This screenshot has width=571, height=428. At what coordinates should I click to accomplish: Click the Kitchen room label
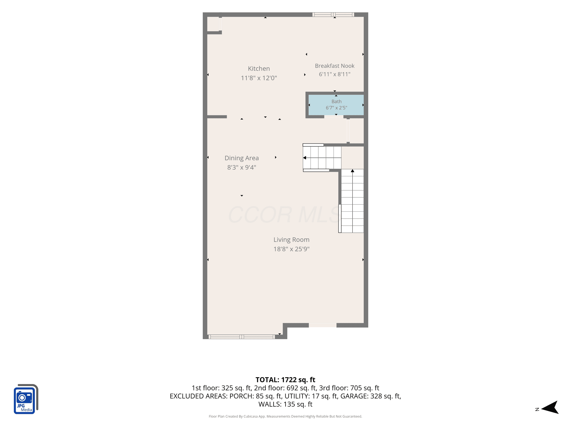click(x=259, y=69)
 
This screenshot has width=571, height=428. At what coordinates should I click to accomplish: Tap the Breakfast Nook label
click(x=335, y=66)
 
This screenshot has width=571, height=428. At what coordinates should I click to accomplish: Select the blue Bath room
click(x=336, y=105)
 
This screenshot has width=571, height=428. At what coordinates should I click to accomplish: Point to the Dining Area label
click(x=242, y=158)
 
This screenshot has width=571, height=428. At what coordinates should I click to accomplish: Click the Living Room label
click(x=291, y=240)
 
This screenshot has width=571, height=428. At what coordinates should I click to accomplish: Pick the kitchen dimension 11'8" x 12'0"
click(x=259, y=78)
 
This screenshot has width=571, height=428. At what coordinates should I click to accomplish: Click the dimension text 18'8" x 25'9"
click(x=291, y=249)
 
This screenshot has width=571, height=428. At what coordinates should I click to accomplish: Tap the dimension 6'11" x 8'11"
click(x=335, y=74)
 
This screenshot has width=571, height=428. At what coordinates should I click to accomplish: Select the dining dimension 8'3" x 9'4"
click(x=242, y=167)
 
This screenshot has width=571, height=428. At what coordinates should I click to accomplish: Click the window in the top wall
click(x=333, y=15)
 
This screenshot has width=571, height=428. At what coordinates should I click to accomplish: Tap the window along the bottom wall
click(x=242, y=337)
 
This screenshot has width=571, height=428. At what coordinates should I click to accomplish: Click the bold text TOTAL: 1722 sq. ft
click(x=285, y=380)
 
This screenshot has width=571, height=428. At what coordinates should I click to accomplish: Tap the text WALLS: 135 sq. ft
click(x=285, y=404)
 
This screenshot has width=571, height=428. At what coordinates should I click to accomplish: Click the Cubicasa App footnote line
click(x=285, y=416)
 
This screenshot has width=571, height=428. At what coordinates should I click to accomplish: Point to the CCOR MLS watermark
click(x=284, y=215)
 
